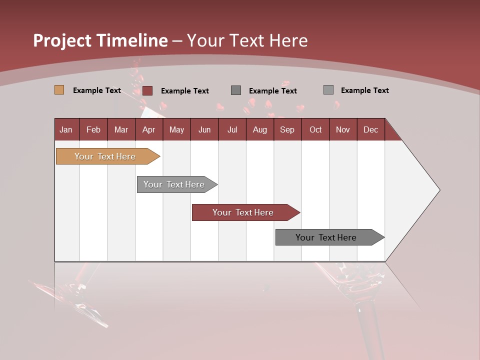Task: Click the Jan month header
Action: (x=66, y=129)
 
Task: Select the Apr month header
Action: (x=148, y=129)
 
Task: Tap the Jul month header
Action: (x=232, y=129)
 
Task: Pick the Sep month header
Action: (x=287, y=129)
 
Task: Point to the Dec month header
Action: (x=370, y=129)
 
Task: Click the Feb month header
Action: (x=93, y=129)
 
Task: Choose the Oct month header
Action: (x=315, y=129)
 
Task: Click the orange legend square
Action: (x=59, y=90)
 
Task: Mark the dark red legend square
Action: (x=147, y=90)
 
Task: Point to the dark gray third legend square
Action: (x=236, y=90)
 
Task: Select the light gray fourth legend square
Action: (x=328, y=90)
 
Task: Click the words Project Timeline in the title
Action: (x=100, y=40)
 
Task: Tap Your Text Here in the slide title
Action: (x=247, y=40)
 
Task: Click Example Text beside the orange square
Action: (x=97, y=90)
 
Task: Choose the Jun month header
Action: (x=204, y=129)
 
